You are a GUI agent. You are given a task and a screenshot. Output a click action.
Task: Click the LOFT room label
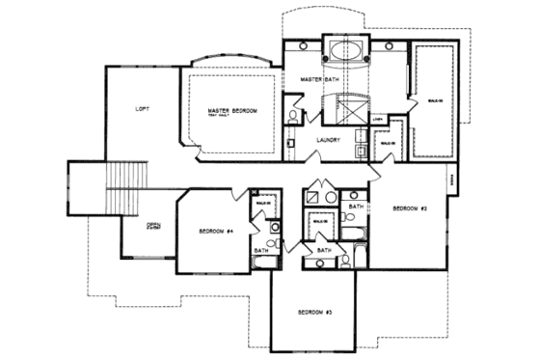[142, 109]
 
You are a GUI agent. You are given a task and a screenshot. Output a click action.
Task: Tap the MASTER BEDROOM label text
[232, 113]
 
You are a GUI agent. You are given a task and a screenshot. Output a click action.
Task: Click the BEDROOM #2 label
[410, 208]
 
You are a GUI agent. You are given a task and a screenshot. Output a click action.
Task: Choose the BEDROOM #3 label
[314, 314]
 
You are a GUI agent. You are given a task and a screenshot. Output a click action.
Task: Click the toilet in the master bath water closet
[293, 118]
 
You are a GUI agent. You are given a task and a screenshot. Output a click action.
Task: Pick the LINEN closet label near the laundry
[379, 120]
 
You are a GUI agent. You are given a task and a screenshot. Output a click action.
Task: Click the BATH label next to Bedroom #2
[355, 207]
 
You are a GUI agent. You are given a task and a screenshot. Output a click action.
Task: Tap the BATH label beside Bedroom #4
[260, 251]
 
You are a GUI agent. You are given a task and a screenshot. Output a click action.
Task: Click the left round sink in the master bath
[303, 45]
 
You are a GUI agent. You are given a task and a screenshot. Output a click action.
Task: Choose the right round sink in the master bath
[387, 45]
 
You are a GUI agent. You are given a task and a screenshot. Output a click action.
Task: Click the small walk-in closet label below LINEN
[387, 145]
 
